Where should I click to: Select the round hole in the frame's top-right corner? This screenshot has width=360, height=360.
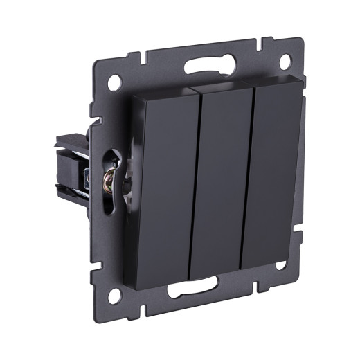[x=284, y=60]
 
